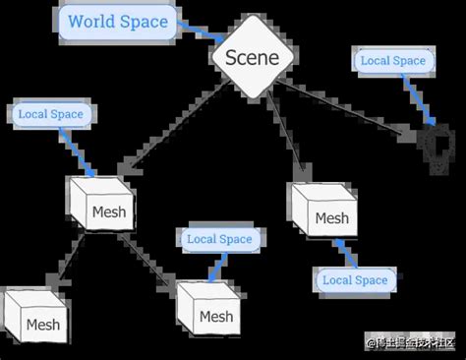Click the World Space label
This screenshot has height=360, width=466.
point(117,21)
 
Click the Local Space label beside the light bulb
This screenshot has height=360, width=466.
point(393,61)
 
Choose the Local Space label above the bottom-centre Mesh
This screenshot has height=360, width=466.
point(219,238)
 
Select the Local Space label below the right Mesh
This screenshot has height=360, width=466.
point(355,280)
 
